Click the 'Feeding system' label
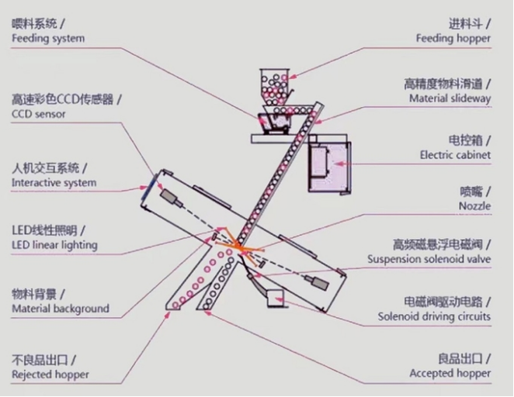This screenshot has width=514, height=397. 48,38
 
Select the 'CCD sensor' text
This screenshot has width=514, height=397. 39,114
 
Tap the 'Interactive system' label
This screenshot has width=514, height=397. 54,183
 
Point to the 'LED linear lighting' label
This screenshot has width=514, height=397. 54,245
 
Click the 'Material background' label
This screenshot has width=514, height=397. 60,309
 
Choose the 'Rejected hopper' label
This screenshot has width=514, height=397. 50,375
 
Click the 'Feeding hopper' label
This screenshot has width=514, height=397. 453,38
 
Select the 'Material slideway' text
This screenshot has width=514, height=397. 450,98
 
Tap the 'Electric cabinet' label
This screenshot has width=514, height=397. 455,155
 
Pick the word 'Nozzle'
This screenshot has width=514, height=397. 474,205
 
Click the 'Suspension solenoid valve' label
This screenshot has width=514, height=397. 429,259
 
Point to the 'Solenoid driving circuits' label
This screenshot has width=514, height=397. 434,316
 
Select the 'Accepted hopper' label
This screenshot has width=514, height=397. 450,373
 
